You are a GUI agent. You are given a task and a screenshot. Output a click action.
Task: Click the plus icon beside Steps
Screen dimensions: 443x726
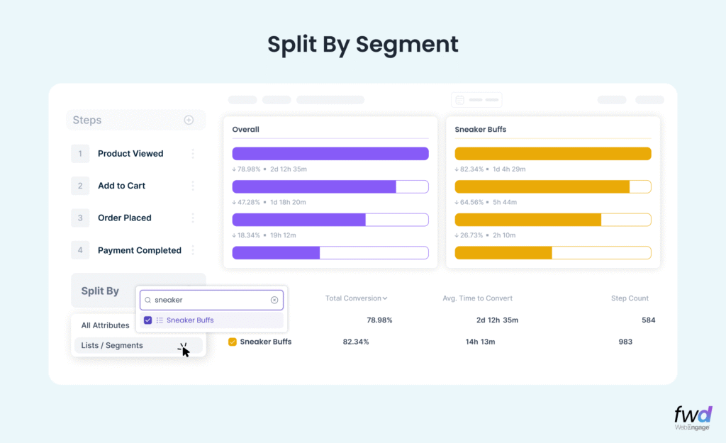coord(189,120)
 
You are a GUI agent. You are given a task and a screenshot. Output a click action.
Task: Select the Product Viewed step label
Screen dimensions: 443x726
coord(130,154)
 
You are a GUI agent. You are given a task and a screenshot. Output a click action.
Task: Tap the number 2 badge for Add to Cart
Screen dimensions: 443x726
coord(81,186)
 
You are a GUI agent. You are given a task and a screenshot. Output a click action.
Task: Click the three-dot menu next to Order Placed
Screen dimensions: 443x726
coord(192,218)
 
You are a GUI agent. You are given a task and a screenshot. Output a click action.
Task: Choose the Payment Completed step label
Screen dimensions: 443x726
coord(139,250)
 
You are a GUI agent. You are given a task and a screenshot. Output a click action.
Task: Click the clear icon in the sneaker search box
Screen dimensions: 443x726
coord(274,300)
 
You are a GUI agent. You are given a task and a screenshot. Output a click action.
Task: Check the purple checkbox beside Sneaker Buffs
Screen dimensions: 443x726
coord(147,320)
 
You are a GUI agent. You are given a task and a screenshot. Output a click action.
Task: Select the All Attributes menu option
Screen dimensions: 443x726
coord(105,325)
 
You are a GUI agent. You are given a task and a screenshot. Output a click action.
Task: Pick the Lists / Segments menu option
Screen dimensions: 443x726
coord(112,346)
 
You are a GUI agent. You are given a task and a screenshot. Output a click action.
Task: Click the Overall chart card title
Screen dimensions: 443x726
coord(246,130)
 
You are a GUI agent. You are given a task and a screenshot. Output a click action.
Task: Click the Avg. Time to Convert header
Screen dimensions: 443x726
coord(477,298)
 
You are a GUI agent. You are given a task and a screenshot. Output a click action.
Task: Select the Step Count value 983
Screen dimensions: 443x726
coord(625,342)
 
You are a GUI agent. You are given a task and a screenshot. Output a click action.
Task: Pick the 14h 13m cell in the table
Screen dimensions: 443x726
coord(480,342)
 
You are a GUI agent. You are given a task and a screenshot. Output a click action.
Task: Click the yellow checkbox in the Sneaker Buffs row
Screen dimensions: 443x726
coord(233,342)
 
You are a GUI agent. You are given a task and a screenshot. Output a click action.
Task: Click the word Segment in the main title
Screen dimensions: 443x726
coord(407,44)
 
